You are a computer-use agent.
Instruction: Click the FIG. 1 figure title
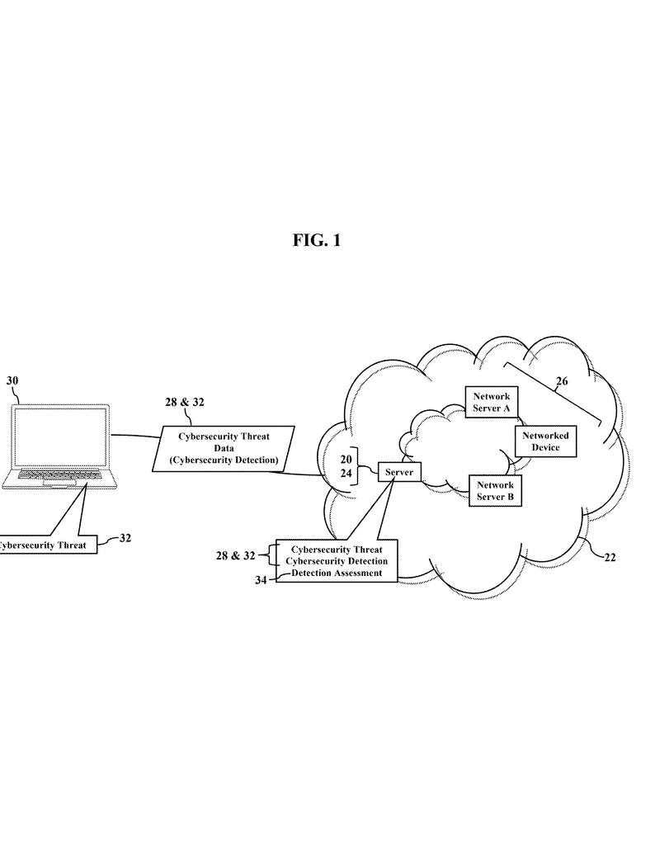(x=316, y=240)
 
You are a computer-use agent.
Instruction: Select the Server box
(x=399, y=472)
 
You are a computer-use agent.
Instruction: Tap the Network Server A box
(x=492, y=402)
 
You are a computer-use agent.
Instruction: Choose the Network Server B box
(x=495, y=491)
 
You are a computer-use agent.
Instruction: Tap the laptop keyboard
(x=60, y=476)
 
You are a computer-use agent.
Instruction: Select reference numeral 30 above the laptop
(x=12, y=381)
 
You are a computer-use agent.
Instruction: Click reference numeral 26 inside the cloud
(x=562, y=381)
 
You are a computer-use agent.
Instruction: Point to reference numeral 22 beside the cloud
(x=610, y=557)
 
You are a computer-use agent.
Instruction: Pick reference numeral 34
(x=261, y=581)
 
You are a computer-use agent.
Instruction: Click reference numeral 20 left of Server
(x=346, y=459)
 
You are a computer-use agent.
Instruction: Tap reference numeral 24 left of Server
(x=346, y=474)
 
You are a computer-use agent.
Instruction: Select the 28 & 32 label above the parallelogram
(x=185, y=403)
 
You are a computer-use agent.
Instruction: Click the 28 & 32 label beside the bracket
(x=235, y=556)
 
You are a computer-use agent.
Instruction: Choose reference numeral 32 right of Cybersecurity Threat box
(x=125, y=538)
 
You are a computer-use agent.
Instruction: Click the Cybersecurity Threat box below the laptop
(x=46, y=545)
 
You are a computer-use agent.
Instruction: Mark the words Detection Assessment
(x=337, y=573)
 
